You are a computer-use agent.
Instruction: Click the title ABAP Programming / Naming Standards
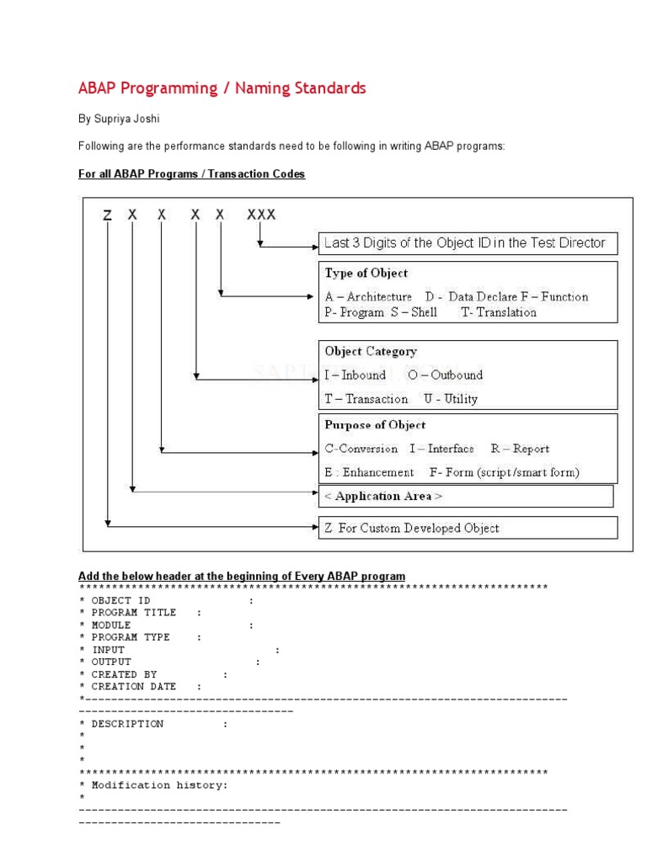[x=222, y=88]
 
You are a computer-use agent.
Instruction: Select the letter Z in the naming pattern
[x=107, y=215]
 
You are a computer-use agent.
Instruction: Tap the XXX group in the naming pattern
[x=261, y=215]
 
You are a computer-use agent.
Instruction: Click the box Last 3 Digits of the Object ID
[x=465, y=243]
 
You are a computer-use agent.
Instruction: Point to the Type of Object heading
[x=366, y=274]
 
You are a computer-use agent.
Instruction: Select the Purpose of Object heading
[x=375, y=425]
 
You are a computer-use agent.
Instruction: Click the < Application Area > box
[x=383, y=497]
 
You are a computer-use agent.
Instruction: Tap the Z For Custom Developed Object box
[x=411, y=529]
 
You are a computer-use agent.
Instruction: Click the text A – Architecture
[x=368, y=296]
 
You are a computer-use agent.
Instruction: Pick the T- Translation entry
[x=499, y=312]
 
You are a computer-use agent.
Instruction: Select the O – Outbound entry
[x=446, y=375]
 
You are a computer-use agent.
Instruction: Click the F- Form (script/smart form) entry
[x=504, y=472]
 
